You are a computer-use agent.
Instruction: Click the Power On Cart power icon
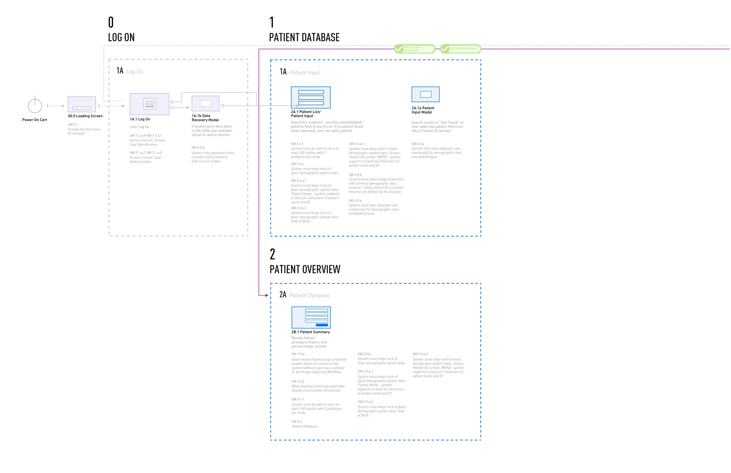tap(35, 105)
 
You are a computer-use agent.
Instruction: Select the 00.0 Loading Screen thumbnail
tap(82, 104)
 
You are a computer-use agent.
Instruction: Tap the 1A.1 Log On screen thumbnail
tap(149, 104)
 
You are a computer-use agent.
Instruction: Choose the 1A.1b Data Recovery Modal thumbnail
tap(205, 103)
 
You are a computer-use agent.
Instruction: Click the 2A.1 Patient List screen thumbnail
tap(311, 97)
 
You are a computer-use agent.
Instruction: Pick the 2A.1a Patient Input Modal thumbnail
tap(425, 94)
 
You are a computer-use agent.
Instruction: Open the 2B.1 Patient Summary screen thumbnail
tap(311, 317)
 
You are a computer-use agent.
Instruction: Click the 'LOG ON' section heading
tap(121, 37)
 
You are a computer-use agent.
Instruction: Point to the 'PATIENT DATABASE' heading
tap(304, 37)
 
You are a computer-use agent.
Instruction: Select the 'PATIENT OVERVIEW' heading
tap(305, 269)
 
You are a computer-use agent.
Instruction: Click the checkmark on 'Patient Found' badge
tap(399, 49)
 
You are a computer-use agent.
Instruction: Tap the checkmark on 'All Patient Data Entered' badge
tap(445, 49)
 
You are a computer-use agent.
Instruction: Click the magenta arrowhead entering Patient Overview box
tap(267, 295)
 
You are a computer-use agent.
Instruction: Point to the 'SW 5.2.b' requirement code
tap(198, 147)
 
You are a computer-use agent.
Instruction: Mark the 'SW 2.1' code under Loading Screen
tap(73, 125)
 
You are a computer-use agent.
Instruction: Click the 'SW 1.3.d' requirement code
tap(298, 354)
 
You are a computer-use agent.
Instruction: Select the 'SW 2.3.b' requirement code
tap(298, 381)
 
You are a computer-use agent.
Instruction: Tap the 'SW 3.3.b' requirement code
tap(355, 175)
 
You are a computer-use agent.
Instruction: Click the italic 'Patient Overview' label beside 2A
tap(309, 296)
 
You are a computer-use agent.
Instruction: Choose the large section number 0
tap(111, 23)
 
